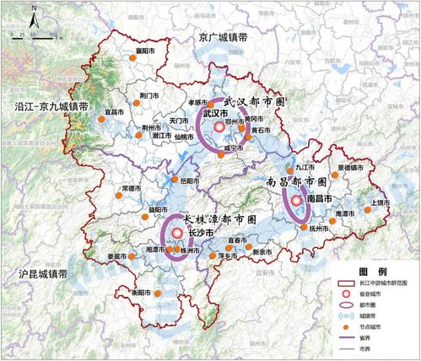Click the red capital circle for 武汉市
click(219, 127)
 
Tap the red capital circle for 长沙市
click(177, 234)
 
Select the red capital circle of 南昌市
click(297, 201)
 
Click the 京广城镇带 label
click(220, 37)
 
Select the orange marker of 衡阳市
click(143, 293)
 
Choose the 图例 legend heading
click(369, 272)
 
